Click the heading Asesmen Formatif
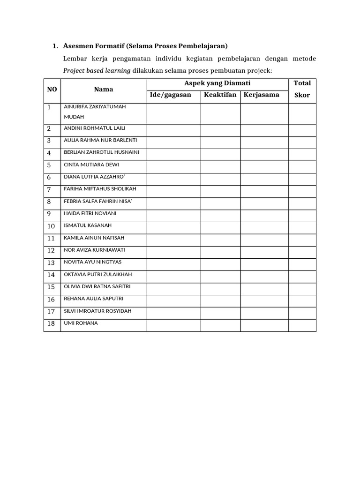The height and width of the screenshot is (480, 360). click(x=145, y=46)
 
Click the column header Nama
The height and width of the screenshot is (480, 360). click(x=104, y=89)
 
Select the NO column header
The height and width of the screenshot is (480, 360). click(x=52, y=89)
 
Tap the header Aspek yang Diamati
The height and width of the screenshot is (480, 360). click(x=217, y=83)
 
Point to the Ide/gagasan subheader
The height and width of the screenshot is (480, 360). click(x=170, y=95)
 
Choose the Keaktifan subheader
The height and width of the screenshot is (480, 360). click(x=220, y=95)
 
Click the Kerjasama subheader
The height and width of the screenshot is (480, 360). click(x=262, y=95)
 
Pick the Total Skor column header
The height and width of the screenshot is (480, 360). click(x=302, y=89)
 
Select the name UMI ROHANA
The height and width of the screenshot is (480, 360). click(x=81, y=323)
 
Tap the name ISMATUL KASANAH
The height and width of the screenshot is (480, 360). click(x=87, y=225)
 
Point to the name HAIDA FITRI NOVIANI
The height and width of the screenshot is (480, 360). click(x=90, y=213)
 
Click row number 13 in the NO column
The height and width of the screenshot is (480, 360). click(x=51, y=262)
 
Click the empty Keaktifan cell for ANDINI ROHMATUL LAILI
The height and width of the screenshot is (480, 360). click(x=221, y=128)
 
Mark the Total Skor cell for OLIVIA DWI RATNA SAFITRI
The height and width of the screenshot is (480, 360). click(x=302, y=287)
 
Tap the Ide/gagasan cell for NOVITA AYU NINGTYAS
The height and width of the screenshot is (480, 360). click(x=174, y=262)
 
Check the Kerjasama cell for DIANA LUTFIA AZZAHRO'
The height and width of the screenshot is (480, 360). click(x=264, y=177)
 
